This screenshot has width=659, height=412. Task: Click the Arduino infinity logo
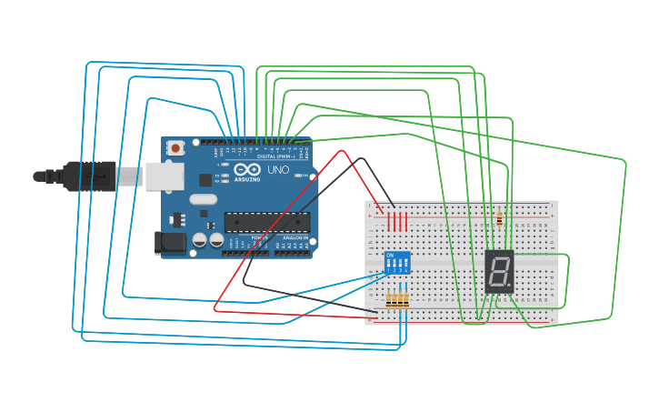244,169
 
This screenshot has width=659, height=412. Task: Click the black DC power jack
169,242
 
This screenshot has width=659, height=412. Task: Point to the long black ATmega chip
267,221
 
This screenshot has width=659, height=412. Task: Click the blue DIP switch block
397,264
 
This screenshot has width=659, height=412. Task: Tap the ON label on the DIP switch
390,255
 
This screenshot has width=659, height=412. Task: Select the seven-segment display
499,270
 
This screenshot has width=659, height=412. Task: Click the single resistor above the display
500,219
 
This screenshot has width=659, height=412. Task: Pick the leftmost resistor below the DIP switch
389,300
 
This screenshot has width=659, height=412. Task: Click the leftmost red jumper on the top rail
389,221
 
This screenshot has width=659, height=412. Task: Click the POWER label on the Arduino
259,238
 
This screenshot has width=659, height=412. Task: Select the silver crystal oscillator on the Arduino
204,199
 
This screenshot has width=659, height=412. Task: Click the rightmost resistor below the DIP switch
405,300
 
